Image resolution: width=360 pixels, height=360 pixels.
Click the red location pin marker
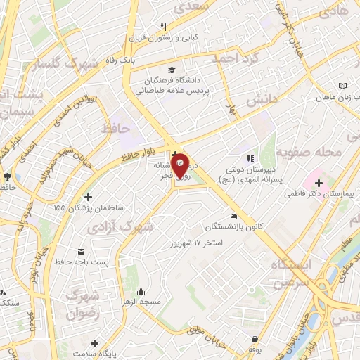(180, 165)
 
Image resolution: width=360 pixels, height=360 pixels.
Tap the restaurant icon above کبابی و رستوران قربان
(163, 26)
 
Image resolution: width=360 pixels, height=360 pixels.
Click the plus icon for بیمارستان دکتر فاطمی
(319, 183)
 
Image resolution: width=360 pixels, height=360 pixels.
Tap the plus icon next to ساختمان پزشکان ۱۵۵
(87, 197)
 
